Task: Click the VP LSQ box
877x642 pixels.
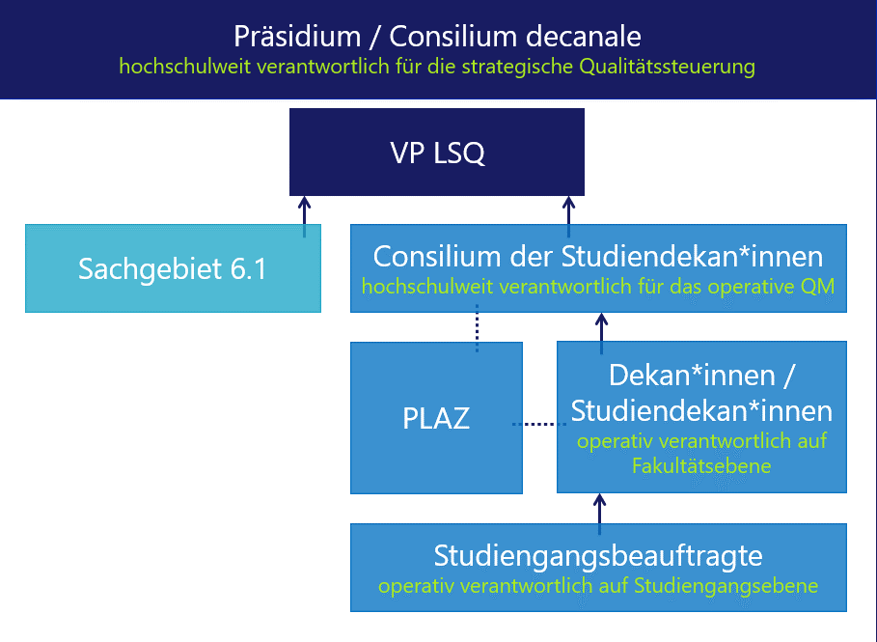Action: point(437,153)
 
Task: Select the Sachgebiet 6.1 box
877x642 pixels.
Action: point(173,268)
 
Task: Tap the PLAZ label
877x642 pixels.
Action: point(436,418)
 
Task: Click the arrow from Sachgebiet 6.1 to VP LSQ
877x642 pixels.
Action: point(304,216)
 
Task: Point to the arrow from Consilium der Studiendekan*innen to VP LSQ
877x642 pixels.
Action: point(568,216)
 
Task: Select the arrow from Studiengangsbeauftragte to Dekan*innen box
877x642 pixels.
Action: point(599,514)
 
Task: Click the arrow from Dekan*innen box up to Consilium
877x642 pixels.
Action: point(601,334)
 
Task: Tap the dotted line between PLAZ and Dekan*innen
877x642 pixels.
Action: point(539,424)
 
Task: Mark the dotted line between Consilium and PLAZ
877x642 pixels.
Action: point(477,328)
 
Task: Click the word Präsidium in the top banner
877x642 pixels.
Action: point(297,37)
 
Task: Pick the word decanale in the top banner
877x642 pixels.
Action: point(583,37)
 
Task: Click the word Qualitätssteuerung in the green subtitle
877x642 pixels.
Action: point(667,67)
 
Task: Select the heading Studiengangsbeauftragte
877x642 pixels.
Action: point(598,556)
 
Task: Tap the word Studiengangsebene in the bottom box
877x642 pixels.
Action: point(726,586)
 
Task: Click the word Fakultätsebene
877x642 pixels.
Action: point(701,465)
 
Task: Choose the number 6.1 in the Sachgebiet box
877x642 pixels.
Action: point(248,268)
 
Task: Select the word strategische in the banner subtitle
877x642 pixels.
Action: point(517,67)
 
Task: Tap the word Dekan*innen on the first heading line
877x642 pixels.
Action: point(692,375)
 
